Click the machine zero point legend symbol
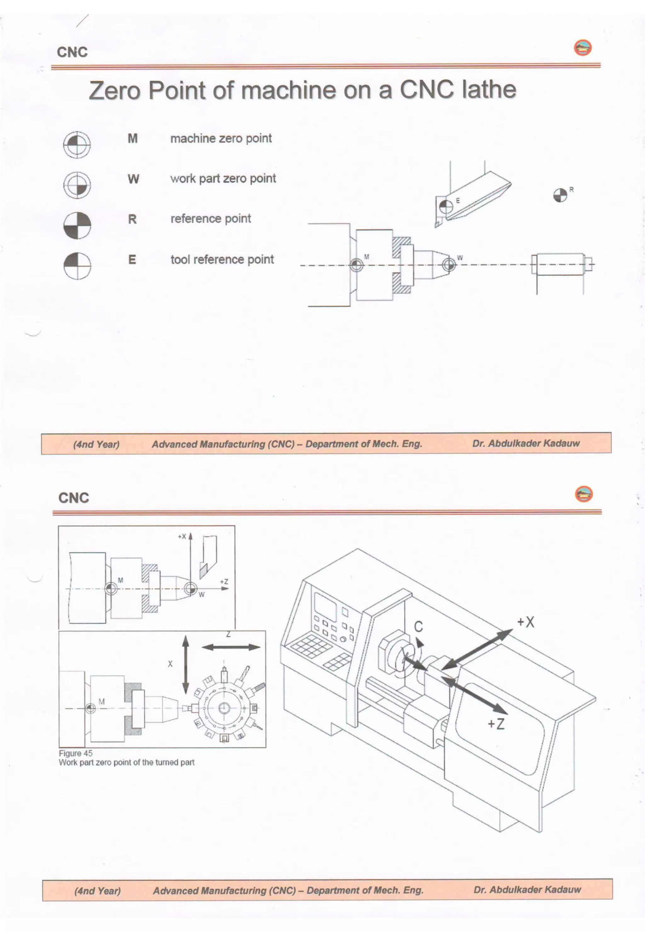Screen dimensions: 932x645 77,144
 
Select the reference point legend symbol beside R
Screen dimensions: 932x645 77,225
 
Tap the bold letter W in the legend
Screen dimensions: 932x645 133,179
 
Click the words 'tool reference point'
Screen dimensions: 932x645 222,260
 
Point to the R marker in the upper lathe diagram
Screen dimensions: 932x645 560,196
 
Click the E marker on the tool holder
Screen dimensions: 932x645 446,207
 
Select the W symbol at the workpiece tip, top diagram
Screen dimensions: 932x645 448,265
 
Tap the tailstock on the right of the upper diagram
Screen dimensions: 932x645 560,265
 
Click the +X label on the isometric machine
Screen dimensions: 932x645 526,622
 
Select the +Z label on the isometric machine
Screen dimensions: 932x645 496,723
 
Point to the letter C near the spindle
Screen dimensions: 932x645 418,626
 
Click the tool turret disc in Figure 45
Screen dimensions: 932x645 224,708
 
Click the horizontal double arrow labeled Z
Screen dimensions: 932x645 231,647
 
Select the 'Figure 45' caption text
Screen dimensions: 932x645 76,753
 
